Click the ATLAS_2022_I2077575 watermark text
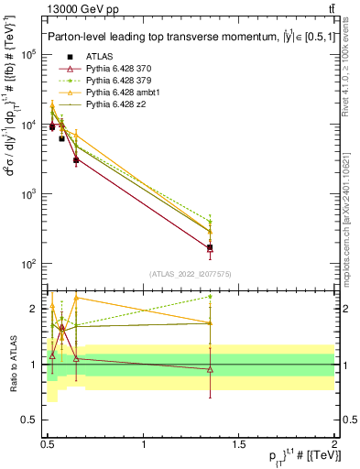[x=191, y=273]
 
